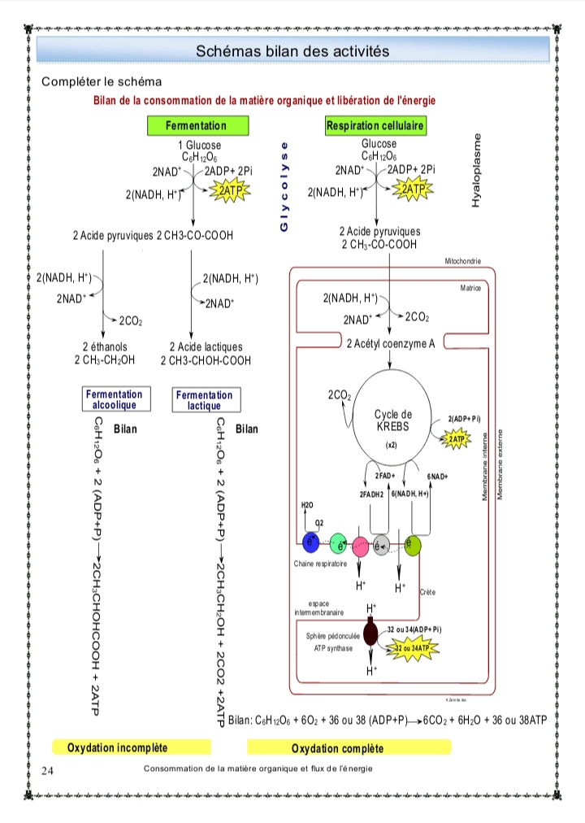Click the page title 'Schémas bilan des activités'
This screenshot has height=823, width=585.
coord(292,51)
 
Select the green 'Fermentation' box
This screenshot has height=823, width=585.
coord(196,126)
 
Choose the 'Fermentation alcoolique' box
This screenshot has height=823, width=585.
coord(114,399)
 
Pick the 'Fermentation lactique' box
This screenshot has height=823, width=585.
coord(203,400)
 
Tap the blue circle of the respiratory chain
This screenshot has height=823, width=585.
coord(311,542)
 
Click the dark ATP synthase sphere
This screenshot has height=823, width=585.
coord(371,634)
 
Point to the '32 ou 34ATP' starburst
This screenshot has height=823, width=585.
coord(415,647)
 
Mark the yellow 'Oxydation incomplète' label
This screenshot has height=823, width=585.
coord(118,747)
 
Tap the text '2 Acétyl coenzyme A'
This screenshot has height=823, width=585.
coord(390,344)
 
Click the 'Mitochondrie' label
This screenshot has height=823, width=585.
coord(463,261)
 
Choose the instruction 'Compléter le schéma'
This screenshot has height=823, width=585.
coord(102,82)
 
